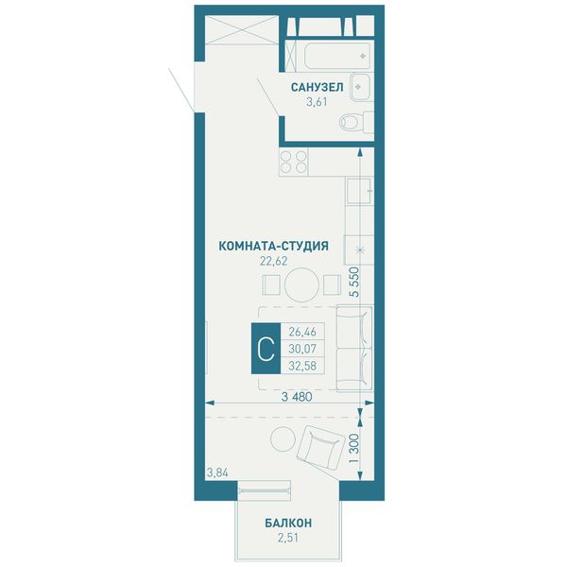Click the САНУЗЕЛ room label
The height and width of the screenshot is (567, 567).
pos(318,87)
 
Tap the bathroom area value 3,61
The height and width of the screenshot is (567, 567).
pos(317,102)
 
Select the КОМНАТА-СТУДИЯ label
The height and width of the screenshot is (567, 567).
pos(274,246)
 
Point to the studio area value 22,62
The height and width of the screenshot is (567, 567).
pos(274,261)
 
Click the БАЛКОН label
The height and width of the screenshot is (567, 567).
pos(288,523)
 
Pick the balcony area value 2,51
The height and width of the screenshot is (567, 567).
pos(288,538)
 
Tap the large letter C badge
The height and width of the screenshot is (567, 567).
pos(266,348)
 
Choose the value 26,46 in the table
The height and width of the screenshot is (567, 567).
pos(302,332)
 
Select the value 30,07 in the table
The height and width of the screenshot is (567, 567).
pos(302,349)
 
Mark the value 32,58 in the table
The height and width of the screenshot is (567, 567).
pos(302,366)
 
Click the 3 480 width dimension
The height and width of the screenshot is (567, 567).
pos(297,397)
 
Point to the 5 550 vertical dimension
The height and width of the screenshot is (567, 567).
pos(355,282)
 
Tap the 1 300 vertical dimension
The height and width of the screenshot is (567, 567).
pos(355,448)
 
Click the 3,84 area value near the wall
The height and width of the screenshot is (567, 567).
pos(217,472)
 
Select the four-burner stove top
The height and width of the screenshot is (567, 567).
pos(294,162)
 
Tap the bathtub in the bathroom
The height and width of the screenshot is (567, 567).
pos(337,56)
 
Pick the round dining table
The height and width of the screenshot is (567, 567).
pos(302,284)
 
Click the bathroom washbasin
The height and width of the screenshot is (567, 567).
pos(360,87)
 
